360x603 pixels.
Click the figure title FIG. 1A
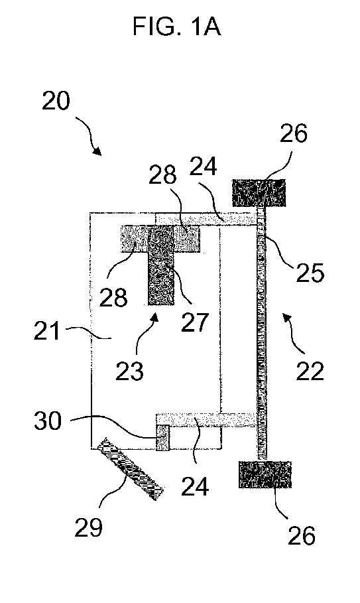pos(177,27)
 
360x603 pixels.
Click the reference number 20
pos(56,101)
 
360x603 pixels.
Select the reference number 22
pos(310,371)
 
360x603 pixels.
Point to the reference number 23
pos(130,371)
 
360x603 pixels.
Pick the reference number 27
pos(195,322)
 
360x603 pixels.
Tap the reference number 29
pos(88,527)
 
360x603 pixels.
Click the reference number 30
pos(48,421)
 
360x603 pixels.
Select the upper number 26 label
pos(294,133)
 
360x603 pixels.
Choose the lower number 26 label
pos(302,535)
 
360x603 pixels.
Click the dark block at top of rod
pos(259,193)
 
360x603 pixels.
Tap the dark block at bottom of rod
pos(265,474)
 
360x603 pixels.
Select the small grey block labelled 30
pos(162,437)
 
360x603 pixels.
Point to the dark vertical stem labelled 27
pos(161,265)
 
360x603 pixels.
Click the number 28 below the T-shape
pos(113,297)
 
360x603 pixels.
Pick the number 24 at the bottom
pos(195,486)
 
